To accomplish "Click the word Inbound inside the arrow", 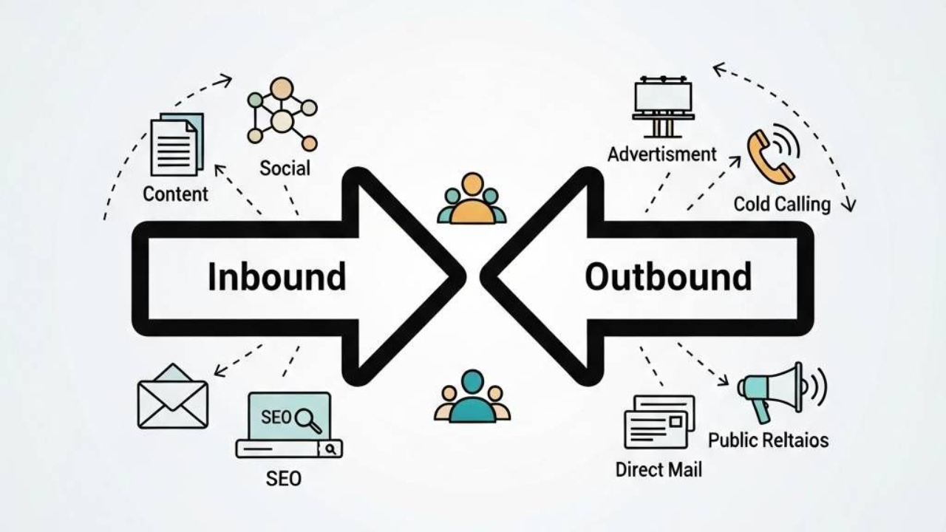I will pos(276,276).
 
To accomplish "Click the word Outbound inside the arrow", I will pos(668,276).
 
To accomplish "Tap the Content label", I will pos(175,194).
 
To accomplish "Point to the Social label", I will pos(285,168).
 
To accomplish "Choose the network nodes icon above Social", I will pos(282,115).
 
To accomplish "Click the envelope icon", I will pos(173,397).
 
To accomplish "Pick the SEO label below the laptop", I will pos(284,478).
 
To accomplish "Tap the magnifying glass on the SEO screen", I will pos(307,420).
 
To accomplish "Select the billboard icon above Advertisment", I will pos(663,106).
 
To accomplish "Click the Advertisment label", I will pos(661,154).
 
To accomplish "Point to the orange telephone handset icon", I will pos(769,155).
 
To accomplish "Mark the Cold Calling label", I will pos(782,203).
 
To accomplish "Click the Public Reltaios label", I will pos(768,440).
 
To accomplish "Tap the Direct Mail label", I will pos(659,469).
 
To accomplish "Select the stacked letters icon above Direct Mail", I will pos(659,422).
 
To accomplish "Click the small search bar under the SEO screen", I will pos(288,449).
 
